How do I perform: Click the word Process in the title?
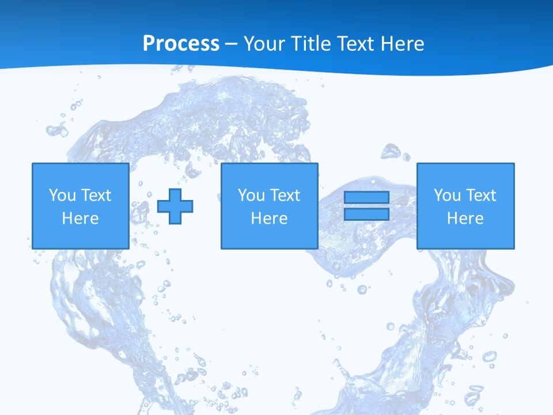(181, 44)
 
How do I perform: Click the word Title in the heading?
(310, 44)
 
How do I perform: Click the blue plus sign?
(175, 206)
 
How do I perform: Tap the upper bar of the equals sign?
(366, 198)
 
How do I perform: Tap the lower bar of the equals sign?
(366, 214)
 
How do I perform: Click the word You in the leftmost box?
(62, 195)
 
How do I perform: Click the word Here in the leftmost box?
(81, 218)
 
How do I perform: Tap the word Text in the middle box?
(285, 195)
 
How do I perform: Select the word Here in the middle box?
(270, 218)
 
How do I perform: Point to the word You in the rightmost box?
(447, 195)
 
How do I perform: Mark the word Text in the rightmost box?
(481, 195)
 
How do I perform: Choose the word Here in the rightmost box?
(465, 218)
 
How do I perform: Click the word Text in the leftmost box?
(96, 195)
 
